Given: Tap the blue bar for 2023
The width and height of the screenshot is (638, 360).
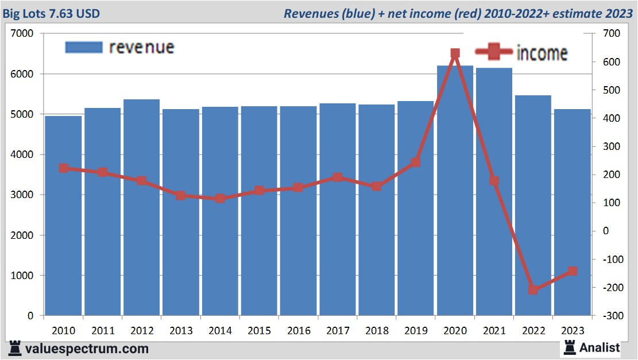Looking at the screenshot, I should coord(573,212).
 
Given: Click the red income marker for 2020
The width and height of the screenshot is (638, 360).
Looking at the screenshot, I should coord(455,53).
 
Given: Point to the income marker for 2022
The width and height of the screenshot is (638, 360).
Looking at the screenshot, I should coord(533,290).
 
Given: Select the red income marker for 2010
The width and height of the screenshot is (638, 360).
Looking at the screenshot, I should coord(64,168).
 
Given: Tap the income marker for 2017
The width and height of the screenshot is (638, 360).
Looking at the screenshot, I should coord(338,177).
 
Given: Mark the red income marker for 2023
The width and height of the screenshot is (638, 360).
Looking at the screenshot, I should coord(573,271).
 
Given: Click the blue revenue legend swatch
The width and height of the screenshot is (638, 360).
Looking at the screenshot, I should coord(83,47).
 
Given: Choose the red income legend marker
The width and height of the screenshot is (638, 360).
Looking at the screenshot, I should coord(493,52).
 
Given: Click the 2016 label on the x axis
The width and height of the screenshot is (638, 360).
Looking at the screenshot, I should coord(299,331).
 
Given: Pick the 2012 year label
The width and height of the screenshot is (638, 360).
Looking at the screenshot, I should coord(142,331).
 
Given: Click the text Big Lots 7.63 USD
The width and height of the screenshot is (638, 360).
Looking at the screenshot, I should coord(53,13).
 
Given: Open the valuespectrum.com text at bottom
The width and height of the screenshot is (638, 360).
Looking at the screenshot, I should coord(86,349).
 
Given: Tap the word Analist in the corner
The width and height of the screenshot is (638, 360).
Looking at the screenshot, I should coord(600,347).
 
